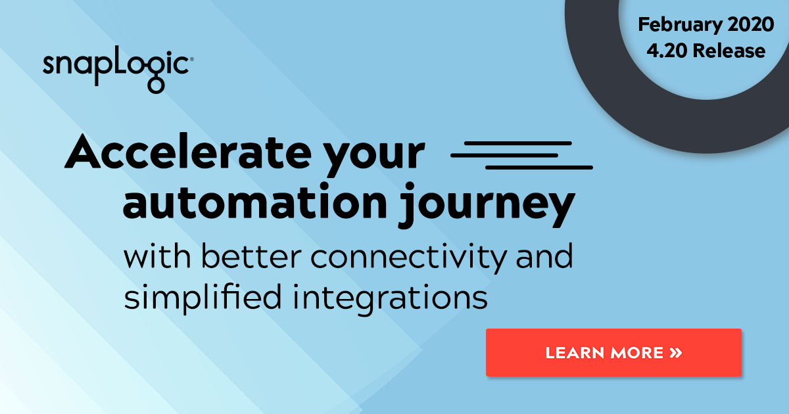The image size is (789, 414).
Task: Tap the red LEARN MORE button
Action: click(x=613, y=352)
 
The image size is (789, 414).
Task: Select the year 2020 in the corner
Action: click(x=750, y=24)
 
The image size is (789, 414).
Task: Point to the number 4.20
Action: click(x=667, y=51)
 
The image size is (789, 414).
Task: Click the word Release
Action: click(x=729, y=51)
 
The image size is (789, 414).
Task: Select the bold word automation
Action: click(x=255, y=202)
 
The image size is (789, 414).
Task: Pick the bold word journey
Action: click(x=487, y=205)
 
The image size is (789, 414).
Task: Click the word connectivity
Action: click(x=408, y=258)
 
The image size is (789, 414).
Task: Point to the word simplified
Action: click(x=203, y=298)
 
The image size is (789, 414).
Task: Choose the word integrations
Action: click(x=390, y=298)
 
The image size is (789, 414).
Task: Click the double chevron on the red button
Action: click(x=676, y=353)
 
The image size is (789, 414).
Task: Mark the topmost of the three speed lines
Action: click(x=518, y=143)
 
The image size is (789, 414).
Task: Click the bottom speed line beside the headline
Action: click(x=539, y=168)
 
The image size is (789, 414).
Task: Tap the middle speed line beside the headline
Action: click(x=504, y=155)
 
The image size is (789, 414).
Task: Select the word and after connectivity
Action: click(x=544, y=256)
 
